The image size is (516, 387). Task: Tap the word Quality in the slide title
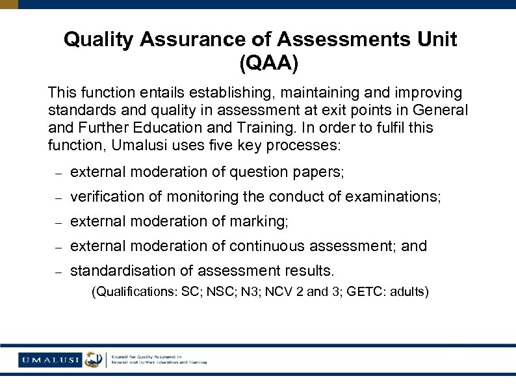click(99, 40)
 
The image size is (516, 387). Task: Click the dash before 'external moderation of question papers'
click(57, 173)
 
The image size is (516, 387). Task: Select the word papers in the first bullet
click(320, 172)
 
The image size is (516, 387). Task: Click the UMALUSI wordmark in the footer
click(49, 360)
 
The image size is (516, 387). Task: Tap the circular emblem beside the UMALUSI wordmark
click(94, 360)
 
